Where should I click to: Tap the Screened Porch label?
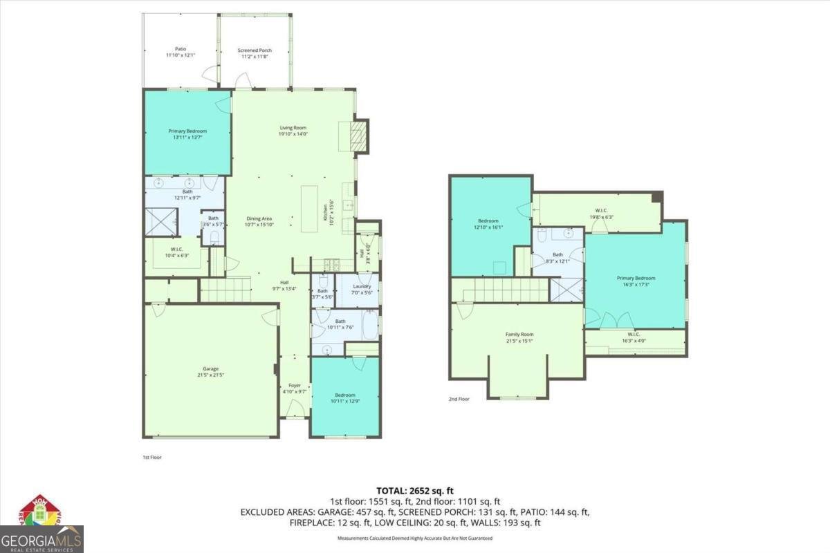[x=252, y=50]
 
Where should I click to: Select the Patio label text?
[x=181, y=49]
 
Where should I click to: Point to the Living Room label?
[x=293, y=127]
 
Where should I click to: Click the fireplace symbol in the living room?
[x=358, y=135]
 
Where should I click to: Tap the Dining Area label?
[x=259, y=218]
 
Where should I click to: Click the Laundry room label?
[x=362, y=286]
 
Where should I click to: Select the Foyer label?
[x=295, y=385]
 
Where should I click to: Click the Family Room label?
[x=519, y=335]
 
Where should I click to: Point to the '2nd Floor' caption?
[x=459, y=399]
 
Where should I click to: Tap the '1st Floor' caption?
[x=152, y=457]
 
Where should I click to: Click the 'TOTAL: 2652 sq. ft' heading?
[x=414, y=490]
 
